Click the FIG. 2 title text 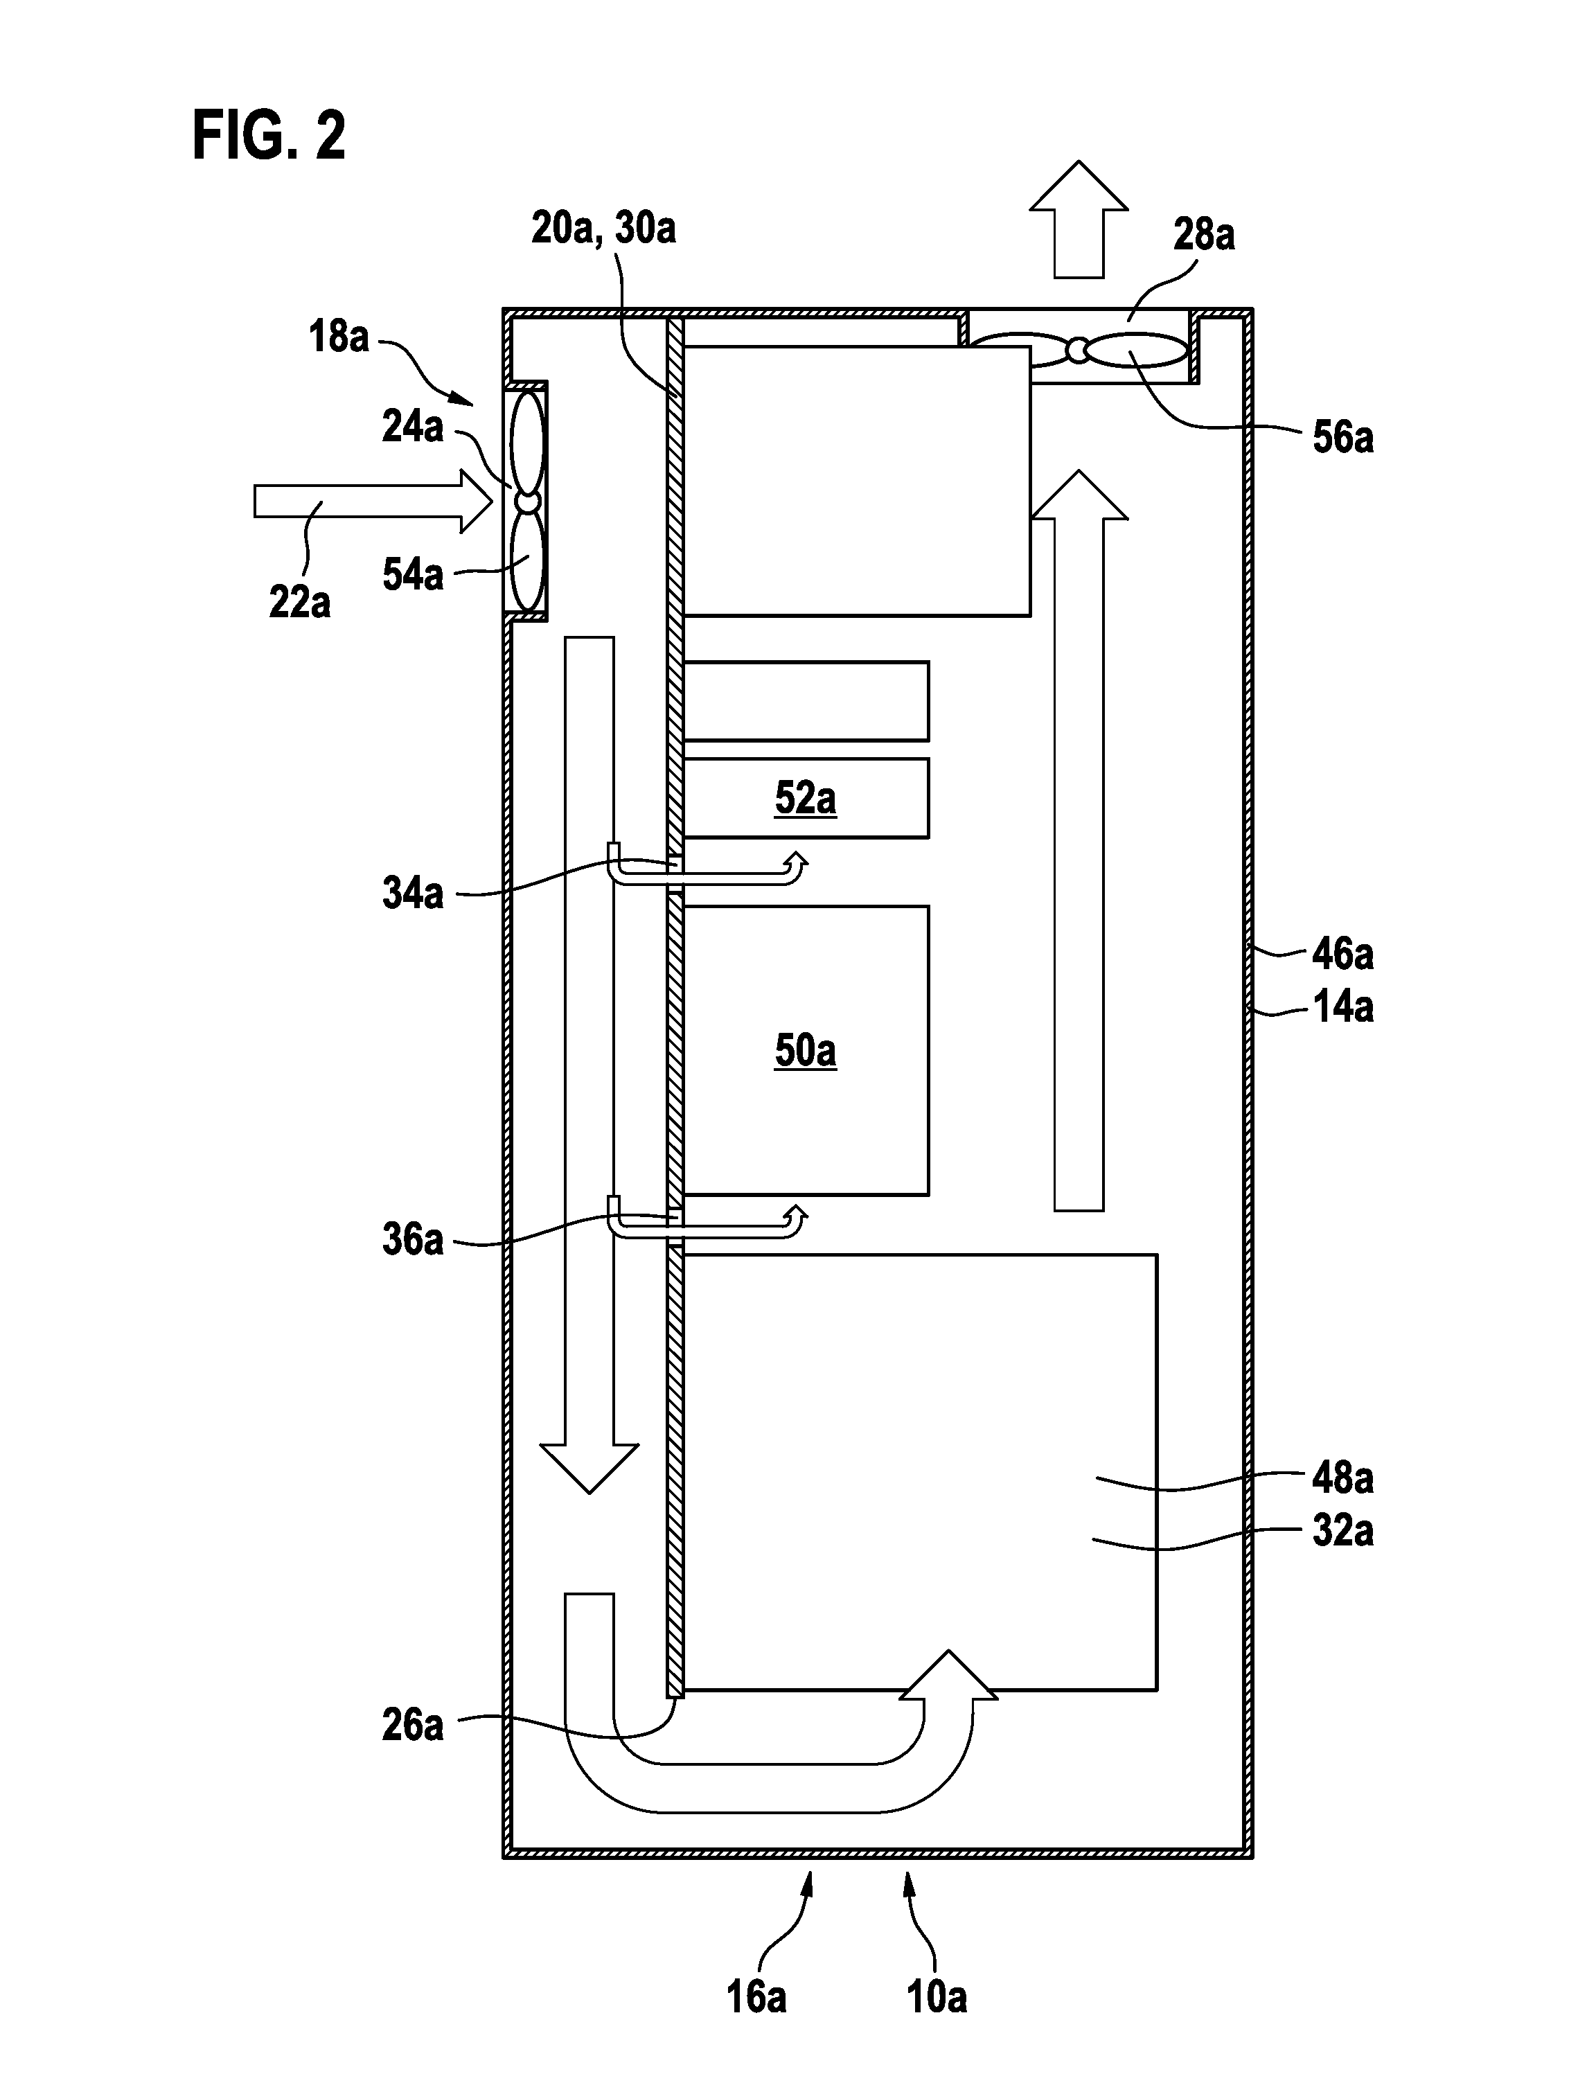(269, 135)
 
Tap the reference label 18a (338, 337)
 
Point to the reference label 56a (1342, 437)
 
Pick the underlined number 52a (806, 798)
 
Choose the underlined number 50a (806, 1051)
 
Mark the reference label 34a (412, 893)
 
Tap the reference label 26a (412, 1725)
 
